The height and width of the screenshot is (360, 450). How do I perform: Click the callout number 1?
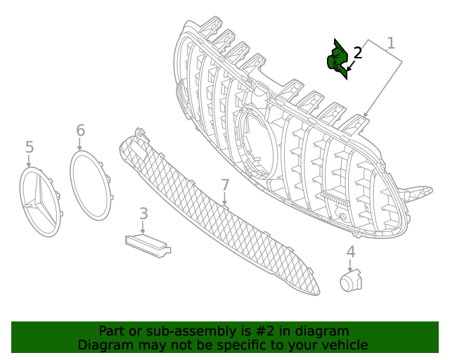coord(391,43)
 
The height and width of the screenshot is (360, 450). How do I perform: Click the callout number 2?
coord(357,53)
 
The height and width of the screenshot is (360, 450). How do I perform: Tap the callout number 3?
coord(143,213)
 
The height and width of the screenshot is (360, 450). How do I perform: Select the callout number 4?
coord(350,252)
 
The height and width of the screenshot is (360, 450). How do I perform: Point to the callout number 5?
coord(29,147)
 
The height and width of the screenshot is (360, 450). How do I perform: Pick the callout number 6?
coord(80,130)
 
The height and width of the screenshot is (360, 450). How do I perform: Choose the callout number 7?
coord(225,185)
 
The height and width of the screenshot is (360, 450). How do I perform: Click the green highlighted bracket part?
coord(337,60)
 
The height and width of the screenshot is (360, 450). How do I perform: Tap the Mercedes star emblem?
coord(39,202)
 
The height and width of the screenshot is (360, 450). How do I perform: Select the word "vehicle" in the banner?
coord(344,345)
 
